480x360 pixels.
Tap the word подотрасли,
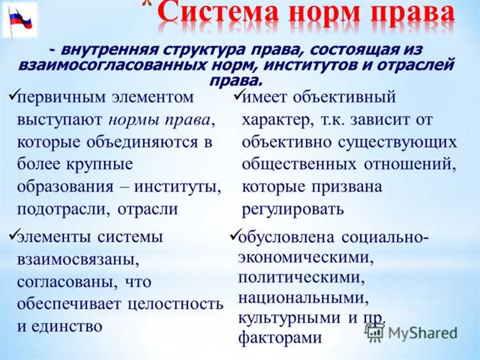63,209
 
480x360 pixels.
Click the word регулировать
293,209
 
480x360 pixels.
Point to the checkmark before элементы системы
13,234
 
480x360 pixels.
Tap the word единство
66,325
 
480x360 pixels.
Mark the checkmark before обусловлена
233,234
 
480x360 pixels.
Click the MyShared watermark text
422,333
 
